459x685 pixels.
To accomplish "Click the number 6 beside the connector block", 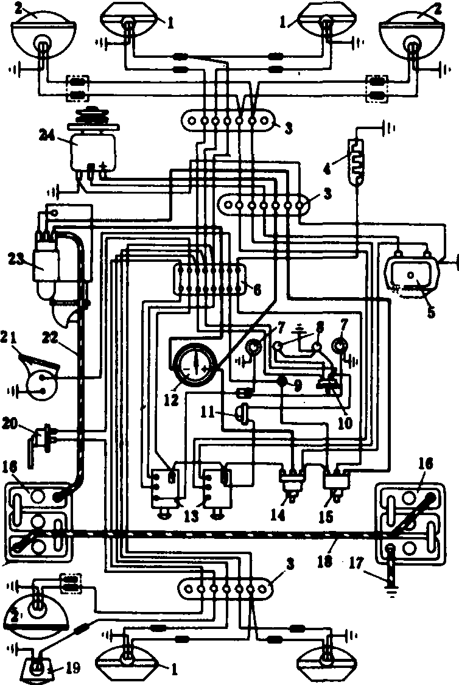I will (257, 290).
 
